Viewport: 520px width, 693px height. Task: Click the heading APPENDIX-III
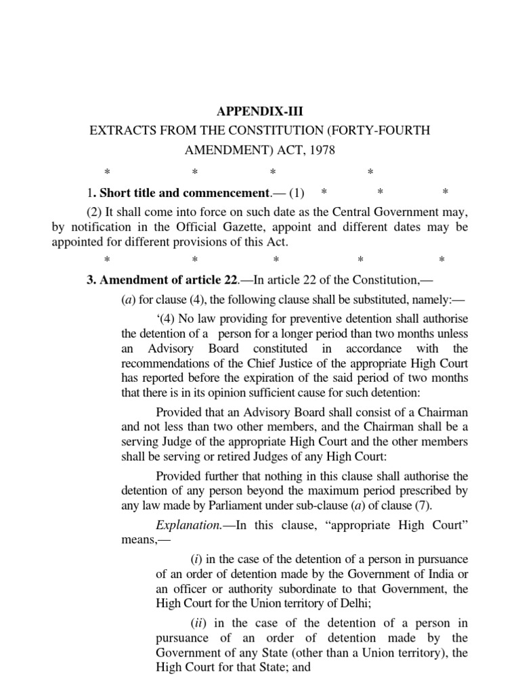(x=259, y=110)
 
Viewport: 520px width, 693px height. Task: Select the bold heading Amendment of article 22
(x=160, y=281)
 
